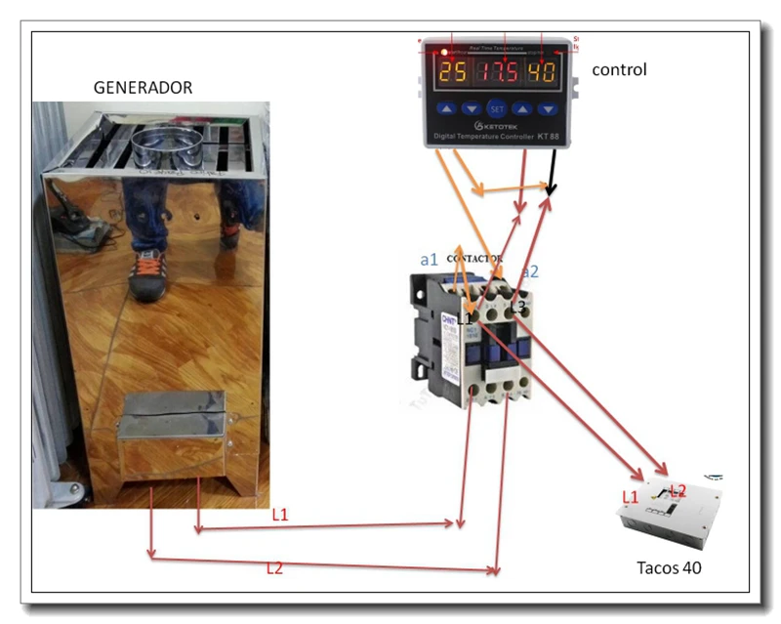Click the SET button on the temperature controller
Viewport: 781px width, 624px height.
(497, 108)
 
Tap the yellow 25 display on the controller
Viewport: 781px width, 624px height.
(452, 72)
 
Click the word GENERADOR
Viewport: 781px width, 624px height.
(143, 88)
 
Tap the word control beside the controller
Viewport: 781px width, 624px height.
(619, 70)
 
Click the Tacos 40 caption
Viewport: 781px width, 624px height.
(669, 567)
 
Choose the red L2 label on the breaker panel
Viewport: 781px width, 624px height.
(678, 489)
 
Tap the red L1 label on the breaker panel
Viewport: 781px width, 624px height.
(631, 498)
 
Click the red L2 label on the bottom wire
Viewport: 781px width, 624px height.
(274, 567)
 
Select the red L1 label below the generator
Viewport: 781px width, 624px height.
(280, 515)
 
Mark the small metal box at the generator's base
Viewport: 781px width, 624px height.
(171, 435)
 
